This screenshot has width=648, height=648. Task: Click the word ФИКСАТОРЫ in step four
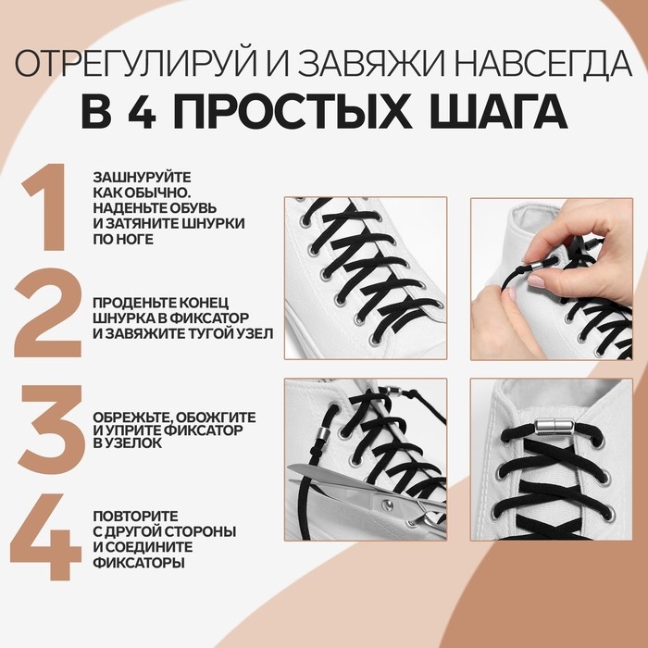point(138,562)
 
